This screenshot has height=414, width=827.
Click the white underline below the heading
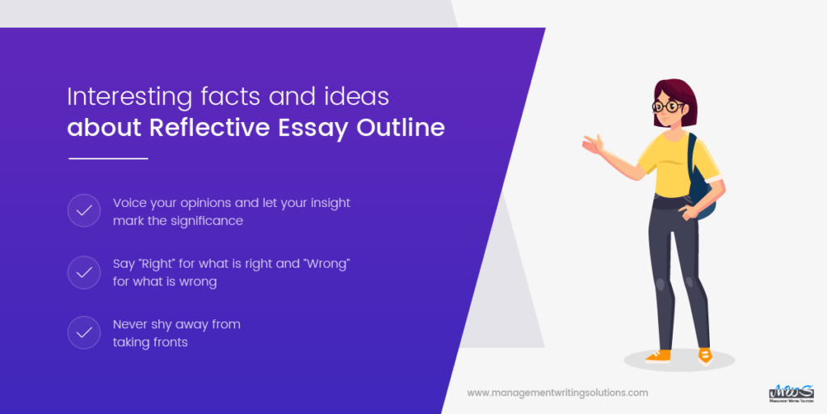(x=108, y=158)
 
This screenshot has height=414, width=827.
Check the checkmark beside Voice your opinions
(x=84, y=211)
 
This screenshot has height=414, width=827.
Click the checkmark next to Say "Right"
(x=84, y=273)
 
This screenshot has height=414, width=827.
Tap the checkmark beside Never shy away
(x=84, y=333)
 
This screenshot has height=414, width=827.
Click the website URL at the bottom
(x=557, y=393)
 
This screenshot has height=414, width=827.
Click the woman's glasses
(x=667, y=106)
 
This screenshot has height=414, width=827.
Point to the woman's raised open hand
(x=593, y=146)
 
